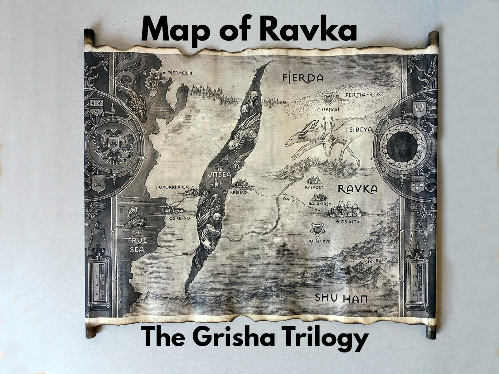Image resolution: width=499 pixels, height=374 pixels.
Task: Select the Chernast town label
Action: pyautogui.click(x=328, y=109)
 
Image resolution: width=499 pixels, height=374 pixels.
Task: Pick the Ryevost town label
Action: pyautogui.click(x=314, y=187)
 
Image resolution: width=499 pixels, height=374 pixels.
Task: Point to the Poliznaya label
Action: pyautogui.click(x=319, y=241)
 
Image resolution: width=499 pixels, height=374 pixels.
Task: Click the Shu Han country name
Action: pyautogui.click(x=341, y=298)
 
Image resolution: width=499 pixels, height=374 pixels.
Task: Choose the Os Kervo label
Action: pyautogui.click(x=179, y=218)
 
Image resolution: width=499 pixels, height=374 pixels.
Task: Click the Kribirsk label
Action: pyautogui.click(x=240, y=193)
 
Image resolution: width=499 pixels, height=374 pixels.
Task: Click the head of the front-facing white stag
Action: pyautogui.click(x=327, y=147)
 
